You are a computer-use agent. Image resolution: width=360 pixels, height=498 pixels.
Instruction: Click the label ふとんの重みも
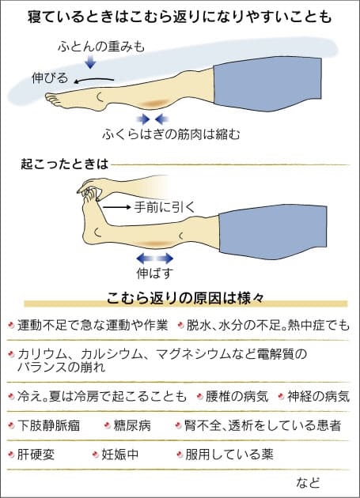click(101, 47)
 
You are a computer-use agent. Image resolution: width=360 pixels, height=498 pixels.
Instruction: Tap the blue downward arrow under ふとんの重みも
click(91, 62)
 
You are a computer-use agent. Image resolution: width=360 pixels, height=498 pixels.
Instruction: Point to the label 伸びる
click(50, 77)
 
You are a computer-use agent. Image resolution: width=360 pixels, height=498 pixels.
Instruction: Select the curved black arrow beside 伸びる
click(94, 81)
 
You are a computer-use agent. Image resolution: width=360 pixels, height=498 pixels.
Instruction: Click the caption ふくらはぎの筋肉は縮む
click(171, 134)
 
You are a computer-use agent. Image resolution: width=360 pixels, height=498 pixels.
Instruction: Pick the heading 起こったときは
click(65, 164)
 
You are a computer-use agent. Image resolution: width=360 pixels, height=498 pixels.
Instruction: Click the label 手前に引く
click(165, 207)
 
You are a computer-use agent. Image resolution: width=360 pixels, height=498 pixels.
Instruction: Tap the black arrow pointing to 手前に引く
click(117, 207)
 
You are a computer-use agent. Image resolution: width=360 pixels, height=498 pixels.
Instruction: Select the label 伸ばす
click(155, 274)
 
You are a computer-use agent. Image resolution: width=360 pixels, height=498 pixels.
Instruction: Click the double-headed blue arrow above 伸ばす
click(155, 258)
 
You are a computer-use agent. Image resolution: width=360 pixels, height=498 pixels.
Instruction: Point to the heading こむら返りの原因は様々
click(185, 299)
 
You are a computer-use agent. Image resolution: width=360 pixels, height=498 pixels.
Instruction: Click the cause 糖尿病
click(132, 425)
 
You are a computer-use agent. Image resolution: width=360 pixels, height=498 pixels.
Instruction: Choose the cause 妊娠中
click(120, 455)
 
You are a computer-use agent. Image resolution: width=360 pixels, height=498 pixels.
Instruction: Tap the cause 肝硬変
click(36, 455)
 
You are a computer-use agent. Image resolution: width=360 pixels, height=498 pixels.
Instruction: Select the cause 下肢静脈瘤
click(48, 425)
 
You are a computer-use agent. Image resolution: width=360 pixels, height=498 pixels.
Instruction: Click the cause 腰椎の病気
click(237, 396)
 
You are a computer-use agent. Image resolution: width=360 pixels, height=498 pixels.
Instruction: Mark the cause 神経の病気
click(318, 396)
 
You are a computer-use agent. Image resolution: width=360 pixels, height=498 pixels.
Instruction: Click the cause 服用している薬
click(229, 455)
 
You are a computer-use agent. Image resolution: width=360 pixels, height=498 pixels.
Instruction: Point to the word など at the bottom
click(308, 482)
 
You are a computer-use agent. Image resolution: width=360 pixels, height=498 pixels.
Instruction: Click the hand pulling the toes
click(93, 187)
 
